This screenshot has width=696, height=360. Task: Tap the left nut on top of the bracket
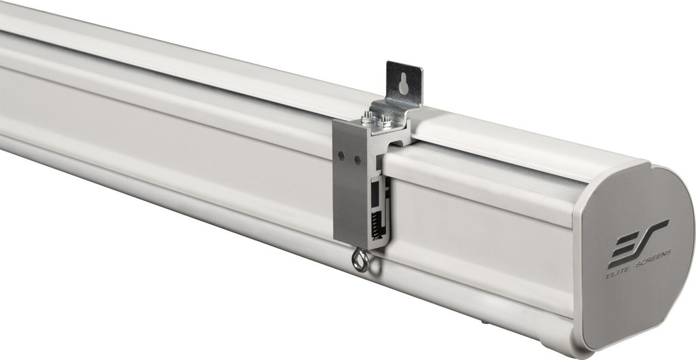367,118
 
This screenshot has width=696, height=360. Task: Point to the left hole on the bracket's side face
341,156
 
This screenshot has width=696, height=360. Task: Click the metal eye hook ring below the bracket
360,259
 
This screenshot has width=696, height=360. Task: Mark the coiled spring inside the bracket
376,223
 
